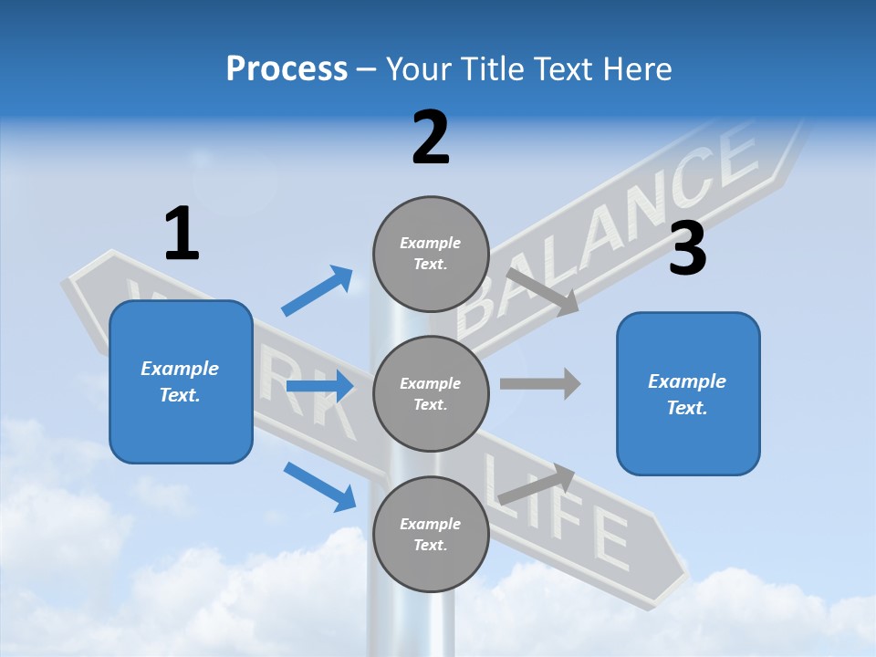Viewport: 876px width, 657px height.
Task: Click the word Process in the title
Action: (287, 68)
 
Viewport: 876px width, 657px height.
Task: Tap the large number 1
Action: (182, 234)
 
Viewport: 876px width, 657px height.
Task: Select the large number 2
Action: (431, 138)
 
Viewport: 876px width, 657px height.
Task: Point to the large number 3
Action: (687, 249)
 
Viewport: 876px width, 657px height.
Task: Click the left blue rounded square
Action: (181, 381)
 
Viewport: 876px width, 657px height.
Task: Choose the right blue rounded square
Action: (688, 394)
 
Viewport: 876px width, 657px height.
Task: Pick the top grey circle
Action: (431, 254)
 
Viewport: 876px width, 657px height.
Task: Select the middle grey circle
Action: (431, 394)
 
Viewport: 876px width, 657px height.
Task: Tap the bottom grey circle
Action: (431, 535)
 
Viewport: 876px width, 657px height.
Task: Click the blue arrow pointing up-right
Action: (317, 291)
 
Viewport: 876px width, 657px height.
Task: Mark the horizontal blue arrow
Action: (319, 386)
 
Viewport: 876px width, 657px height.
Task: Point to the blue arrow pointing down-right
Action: (319, 486)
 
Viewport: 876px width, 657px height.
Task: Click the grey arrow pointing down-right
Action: (542, 291)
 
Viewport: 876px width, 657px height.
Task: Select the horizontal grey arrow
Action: (540, 384)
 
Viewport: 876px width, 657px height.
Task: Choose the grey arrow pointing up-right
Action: (537, 485)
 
